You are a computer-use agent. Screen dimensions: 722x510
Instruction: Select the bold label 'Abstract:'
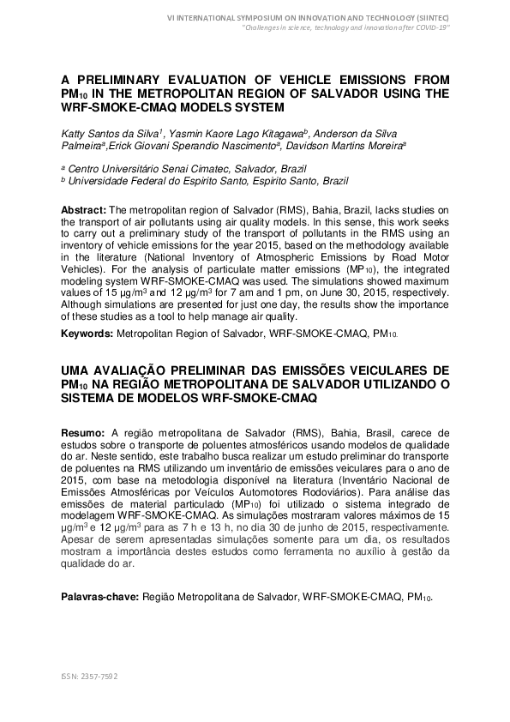84,210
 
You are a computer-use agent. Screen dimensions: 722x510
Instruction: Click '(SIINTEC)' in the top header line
427,17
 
